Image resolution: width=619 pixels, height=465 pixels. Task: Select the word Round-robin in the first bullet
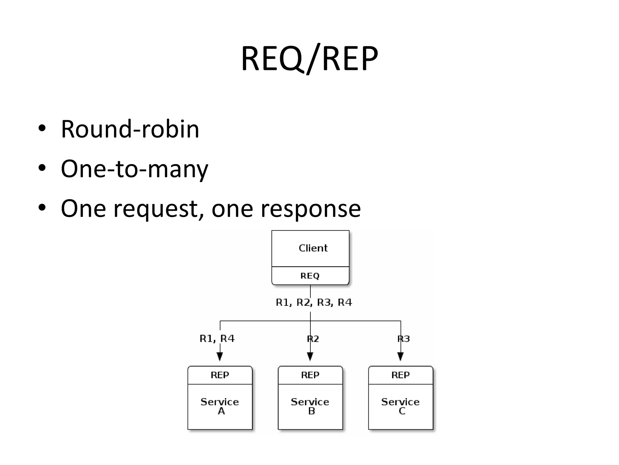click(130, 129)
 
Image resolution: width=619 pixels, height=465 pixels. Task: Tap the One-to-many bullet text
click(134, 169)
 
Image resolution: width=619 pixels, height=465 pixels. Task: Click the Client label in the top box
click(313, 248)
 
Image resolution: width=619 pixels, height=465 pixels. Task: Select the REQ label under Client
click(310, 276)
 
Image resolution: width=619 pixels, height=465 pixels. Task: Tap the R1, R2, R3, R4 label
click(314, 302)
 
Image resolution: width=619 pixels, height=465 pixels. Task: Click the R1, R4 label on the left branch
click(217, 338)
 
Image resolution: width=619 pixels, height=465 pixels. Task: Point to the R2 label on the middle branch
click(313, 339)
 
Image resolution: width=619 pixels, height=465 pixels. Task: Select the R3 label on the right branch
click(403, 339)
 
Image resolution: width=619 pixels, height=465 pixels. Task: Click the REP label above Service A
click(220, 375)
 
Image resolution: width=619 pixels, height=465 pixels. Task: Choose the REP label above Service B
click(310, 375)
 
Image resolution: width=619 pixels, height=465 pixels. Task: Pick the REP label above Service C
click(400, 375)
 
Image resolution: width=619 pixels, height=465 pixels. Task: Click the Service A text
click(220, 406)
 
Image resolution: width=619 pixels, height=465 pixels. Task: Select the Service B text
click(310, 406)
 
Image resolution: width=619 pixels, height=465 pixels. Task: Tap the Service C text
click(400, 406)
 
